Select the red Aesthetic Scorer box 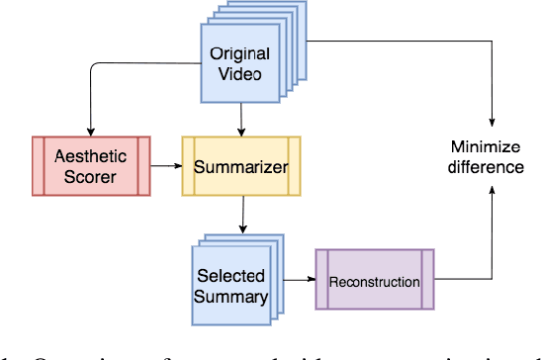click(90, 166)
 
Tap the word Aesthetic click(90, 156)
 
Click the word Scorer click(90, 178)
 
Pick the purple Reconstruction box click(374, 281)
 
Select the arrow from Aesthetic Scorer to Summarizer click(165, 166)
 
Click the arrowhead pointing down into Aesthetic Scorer click(90, 132)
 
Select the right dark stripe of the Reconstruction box click(426, 281)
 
